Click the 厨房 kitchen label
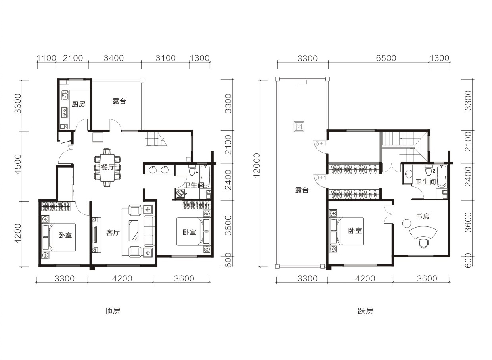pyautogui.click(x=78, y=104)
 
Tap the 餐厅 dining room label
pyautogui.click(x=107, y=167)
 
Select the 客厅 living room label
pyautogui.click(x=113, y=232)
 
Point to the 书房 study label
pyautogui.click(x=423, y=216)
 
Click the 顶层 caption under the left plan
pyautogui.click(x=113, y=311)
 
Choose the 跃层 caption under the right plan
pyautogui.click(x=366, y=311)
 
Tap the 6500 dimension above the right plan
pyautogui.click(x=386, y=58)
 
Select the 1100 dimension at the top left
pyautogui.click(x=46, y=58)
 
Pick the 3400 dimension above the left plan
pyautogui.click(x=114, y=58)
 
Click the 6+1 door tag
pyautogui.click(x=321, y=144)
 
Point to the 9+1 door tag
pyautogui.click(x=321, y=178)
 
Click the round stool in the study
pyautogui.click(x=406, y=223)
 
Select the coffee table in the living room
pyautogui.click(x=134, y=231)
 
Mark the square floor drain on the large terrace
pyautogui.click(x=299, y=126)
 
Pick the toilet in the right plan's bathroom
pyautogui.click(x=428, y=170)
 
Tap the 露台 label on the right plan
pyautogui.click(x=302, y=190)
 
